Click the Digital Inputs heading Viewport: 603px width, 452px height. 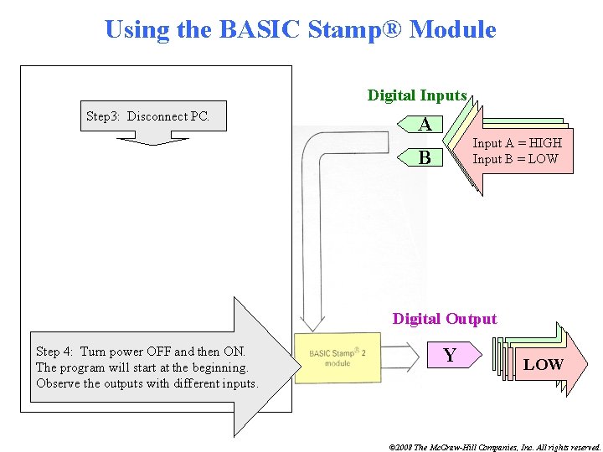(417, 95)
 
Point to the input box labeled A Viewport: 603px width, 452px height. (425, 126)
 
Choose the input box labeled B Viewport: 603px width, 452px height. (425, 157)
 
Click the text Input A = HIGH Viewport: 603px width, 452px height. (517, 143)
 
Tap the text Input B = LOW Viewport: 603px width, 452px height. (515, 158)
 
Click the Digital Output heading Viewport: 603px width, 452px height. (445, 319)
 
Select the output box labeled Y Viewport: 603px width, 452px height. (450, 356)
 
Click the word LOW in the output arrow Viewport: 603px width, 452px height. (543, 364)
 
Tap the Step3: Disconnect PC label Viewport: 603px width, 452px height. (147, 116)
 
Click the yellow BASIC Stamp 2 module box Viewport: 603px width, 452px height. (337, 358)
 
